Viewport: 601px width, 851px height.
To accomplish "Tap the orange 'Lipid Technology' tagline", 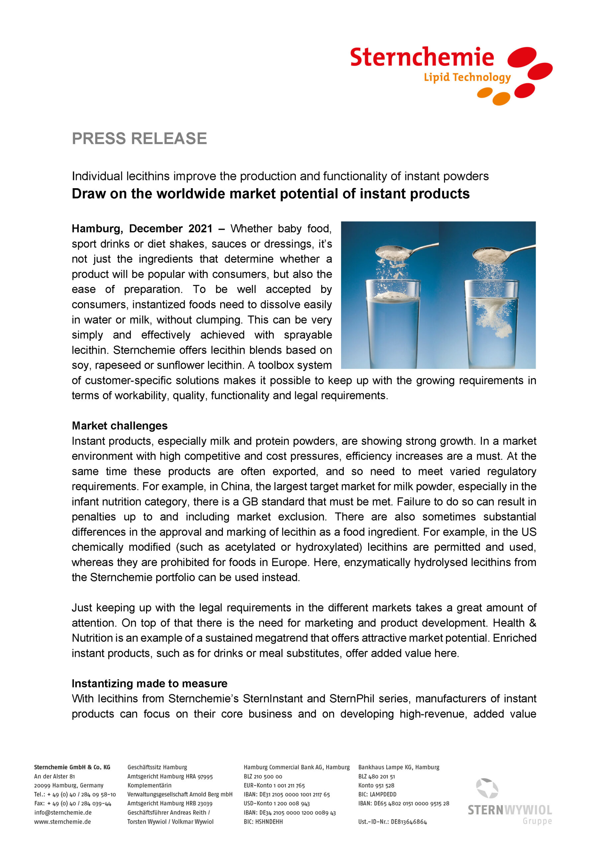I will coord(467,77).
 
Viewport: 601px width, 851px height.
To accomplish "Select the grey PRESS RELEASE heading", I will coord(139,139).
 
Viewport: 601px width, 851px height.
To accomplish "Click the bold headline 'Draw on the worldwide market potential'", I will coord(270,194).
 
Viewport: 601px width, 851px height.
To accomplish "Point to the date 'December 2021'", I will coord(171,229).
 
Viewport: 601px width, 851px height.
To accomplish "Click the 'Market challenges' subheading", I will coord(120,425).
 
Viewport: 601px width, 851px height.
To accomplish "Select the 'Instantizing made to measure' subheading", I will coord(150,683).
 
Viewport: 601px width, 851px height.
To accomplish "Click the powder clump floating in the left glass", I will coord(392,296).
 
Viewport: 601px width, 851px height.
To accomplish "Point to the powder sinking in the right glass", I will coord(492,319).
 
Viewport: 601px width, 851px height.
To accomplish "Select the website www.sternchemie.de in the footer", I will coord(62,822).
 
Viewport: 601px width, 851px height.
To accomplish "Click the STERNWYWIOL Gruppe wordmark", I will coord(510,810).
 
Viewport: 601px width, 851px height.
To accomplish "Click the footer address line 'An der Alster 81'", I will coord(54,776).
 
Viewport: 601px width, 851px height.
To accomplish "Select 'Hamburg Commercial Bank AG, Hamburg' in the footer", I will coord(296,767).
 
